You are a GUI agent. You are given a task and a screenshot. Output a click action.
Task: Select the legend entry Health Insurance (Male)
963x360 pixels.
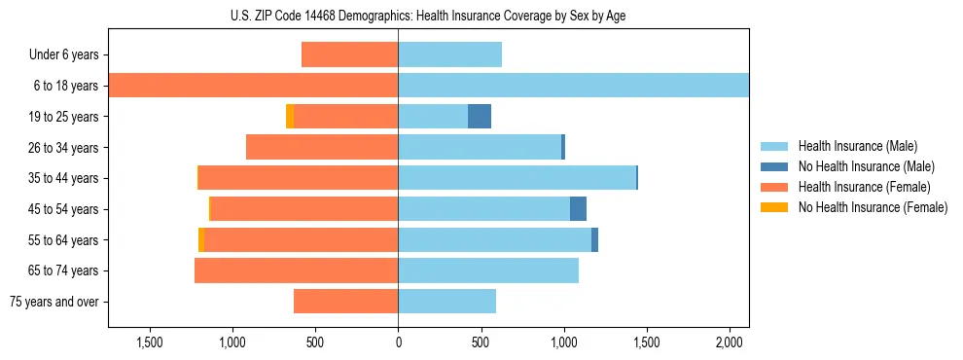[857, 146]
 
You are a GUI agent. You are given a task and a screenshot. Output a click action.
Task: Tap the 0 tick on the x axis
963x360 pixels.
[398, 343]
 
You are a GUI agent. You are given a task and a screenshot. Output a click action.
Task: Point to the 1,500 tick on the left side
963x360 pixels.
[150, 343]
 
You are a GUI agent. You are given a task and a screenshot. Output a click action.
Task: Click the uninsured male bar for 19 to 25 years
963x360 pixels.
[480, 117]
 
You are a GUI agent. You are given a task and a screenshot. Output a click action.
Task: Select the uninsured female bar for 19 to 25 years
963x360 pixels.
[290, 117]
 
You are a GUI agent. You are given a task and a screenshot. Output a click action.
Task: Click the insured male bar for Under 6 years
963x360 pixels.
[449, 54]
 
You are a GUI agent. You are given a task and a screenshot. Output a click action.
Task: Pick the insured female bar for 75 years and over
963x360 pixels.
[345, 302]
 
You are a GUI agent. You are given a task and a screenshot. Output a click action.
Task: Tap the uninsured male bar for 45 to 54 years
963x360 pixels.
[578, 209]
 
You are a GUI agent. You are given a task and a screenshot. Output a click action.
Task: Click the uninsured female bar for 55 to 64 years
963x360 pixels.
[201, 240]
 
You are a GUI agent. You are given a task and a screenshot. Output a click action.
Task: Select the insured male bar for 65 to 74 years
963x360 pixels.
[488, 270]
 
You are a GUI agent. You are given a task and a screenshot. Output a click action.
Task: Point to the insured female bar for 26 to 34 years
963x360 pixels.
[322, 147]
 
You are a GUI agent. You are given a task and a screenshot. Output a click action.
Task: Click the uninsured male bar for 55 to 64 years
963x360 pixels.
[594, 240]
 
